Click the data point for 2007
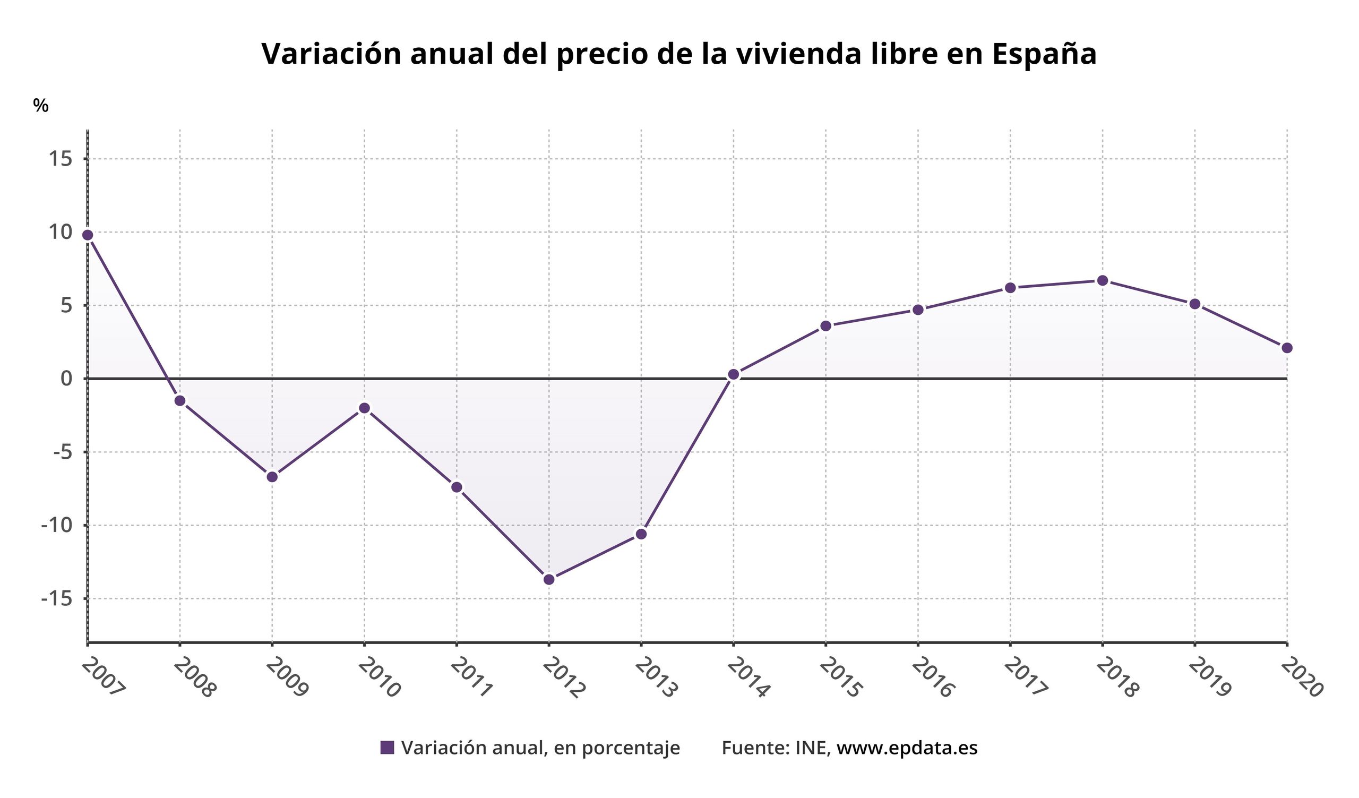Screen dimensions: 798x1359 88,235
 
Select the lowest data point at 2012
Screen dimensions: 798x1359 549,580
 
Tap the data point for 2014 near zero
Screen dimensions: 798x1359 734,375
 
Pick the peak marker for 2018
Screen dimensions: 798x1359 1102,280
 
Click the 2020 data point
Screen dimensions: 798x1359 1287,348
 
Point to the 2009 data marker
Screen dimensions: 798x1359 272,477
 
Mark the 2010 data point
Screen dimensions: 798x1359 365,408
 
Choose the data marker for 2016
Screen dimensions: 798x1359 918,310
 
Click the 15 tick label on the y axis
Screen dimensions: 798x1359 61,159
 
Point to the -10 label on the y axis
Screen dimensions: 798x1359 57,525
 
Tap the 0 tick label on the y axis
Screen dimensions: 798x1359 66,379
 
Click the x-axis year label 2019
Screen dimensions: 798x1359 1210,678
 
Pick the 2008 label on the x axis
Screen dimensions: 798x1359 195,678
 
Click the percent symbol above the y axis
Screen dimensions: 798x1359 40,106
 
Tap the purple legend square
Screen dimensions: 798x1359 386,748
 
